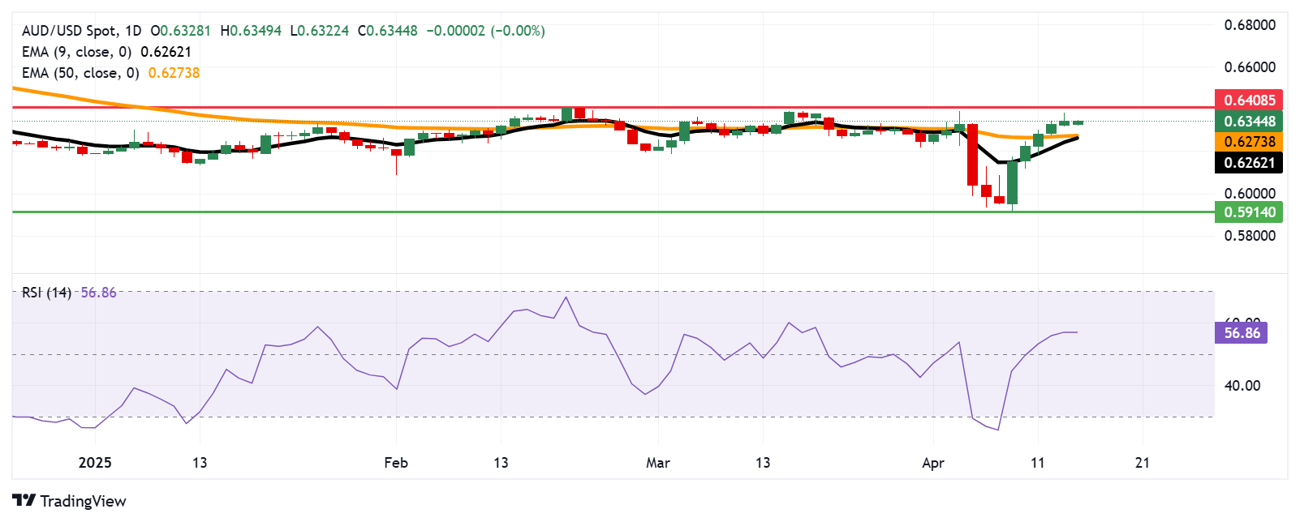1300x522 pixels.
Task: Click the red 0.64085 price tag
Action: pyautogui.click(x=1249, y=101)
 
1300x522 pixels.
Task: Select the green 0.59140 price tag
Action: pyautogui.click(x=1249, y=212)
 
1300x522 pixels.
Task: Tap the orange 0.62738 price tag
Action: pyautogui.click(x=1249, y=142)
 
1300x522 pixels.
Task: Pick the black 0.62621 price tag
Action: pyautogui.click(x=1249, y=163)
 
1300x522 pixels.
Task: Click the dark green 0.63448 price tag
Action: pyautogui.click(x=1249, y=122)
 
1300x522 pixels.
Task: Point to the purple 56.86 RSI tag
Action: pyautogui.click(x=1241, y=333)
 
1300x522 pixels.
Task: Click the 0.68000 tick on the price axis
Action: pyautogui.click(x=1250, y=25)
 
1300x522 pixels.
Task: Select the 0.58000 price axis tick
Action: pyautogui.click(x=1250, y=236)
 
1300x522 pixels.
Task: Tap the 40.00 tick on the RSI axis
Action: pyautogui.click(x=1242, y=386)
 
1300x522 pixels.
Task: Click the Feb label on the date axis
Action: pyautogui.click(x=395, y=463)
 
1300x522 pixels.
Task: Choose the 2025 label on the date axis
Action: pyautogui.click(x=95, y=463)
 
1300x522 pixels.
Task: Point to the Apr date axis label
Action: pyautogui.click(x=933, y=463)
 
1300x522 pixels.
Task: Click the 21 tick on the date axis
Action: pyautogui.click(x=1143, y=463)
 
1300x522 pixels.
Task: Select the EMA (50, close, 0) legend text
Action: pyautogui.click(x=80, y=73)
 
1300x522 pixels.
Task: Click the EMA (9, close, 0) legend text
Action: pyautogui.click(x=76, y=52)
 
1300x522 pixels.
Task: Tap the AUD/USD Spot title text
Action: pyautogui.click(x=69, y=31)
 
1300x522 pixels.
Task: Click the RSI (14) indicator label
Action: pyautogui.click(x=46, y=293)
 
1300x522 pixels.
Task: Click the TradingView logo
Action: pyautogui.click(x=70, y=501)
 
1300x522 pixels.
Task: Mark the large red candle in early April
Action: pyautogui.click(x=972, y=155)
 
